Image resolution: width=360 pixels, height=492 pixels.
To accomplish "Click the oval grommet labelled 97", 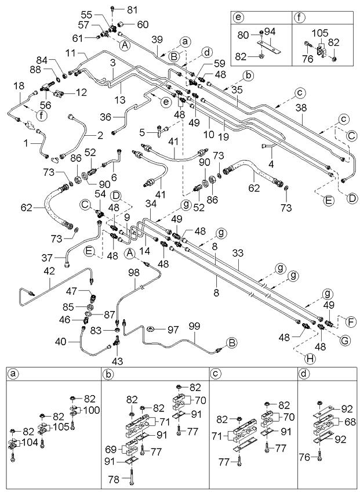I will [x=151, y=329].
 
